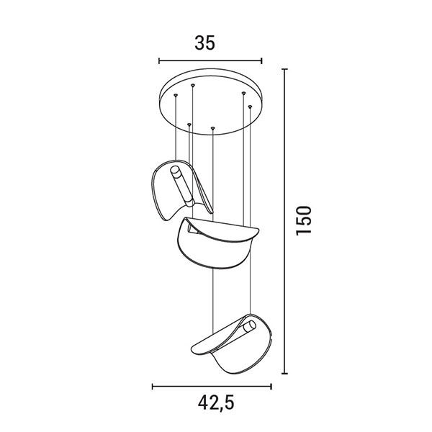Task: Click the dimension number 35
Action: pos(204,43)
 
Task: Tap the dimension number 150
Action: pos(303,220)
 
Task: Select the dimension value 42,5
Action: pos(216,402)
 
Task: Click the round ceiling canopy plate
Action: pos(210,102)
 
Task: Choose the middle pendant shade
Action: pos(217,243)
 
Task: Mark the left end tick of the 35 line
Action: pos(159,61)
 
